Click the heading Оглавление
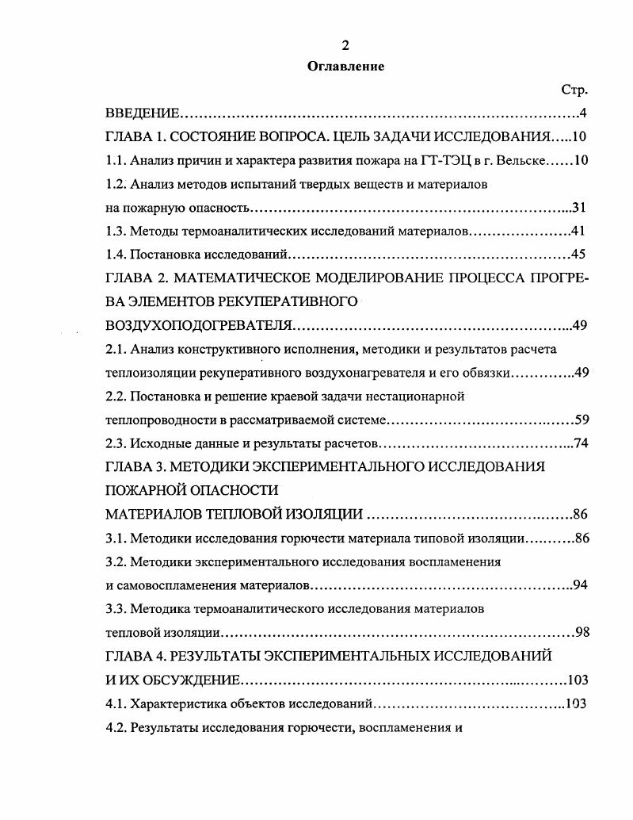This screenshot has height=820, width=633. tap(345, 67)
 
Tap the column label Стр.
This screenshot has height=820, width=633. tap(574, 90)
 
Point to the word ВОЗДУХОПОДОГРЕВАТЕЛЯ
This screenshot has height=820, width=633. tap(198, 326)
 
